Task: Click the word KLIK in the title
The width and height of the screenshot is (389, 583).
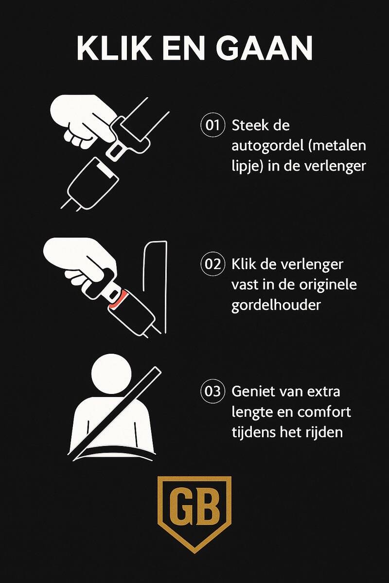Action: (x=114, y=49)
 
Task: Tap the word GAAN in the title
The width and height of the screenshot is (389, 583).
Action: (x=264, y=49)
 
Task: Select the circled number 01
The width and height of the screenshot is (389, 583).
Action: (x=212, y=125)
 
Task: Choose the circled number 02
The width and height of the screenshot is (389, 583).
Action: (x=212, y=264)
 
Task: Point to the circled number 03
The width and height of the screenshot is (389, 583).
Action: (x=212, y=392)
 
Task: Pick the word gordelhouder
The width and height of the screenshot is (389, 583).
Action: (x=276, y=305)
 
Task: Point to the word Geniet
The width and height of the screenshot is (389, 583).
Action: (x=252, y=391)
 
